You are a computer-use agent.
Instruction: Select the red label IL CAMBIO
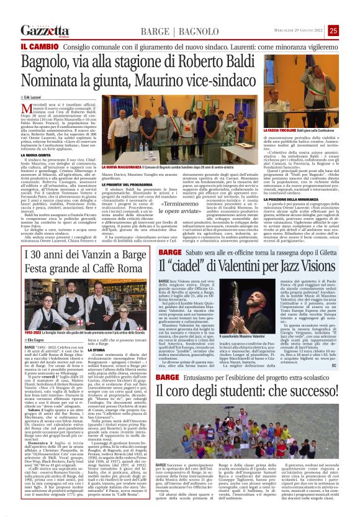click(40, 47)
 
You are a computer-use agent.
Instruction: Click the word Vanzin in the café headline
click(92, 254)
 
